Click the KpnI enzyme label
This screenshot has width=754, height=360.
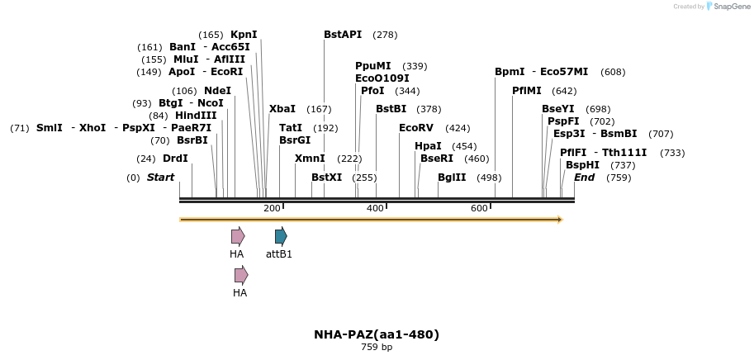point(244,35)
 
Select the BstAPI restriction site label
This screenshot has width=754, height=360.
point(343,35)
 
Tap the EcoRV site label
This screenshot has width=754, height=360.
point(415,128)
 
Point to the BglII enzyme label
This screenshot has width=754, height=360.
point(452,178)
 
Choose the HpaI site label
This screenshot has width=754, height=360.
point(428,146)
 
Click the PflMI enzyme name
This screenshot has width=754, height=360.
point(526,91)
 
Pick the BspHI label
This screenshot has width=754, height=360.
point(582,165)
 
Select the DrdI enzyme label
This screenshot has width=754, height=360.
point(175,159)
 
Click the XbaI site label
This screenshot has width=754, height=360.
point(282,109)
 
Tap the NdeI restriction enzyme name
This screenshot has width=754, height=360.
point(217,91)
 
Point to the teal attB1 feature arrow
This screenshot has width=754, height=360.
point(281,236)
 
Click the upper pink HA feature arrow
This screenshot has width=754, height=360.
point(238,236)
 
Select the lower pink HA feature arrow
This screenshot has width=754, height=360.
point(241,275)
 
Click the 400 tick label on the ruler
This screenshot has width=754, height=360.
point(375,208)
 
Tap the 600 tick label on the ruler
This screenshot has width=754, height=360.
point(479,208)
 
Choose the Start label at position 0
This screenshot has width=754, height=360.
point(160,178)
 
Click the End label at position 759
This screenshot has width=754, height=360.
point(584,178)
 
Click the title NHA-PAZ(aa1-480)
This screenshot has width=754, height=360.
point(377,334)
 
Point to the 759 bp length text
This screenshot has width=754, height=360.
point(377,348)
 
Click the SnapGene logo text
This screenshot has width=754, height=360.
point(730,7)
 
